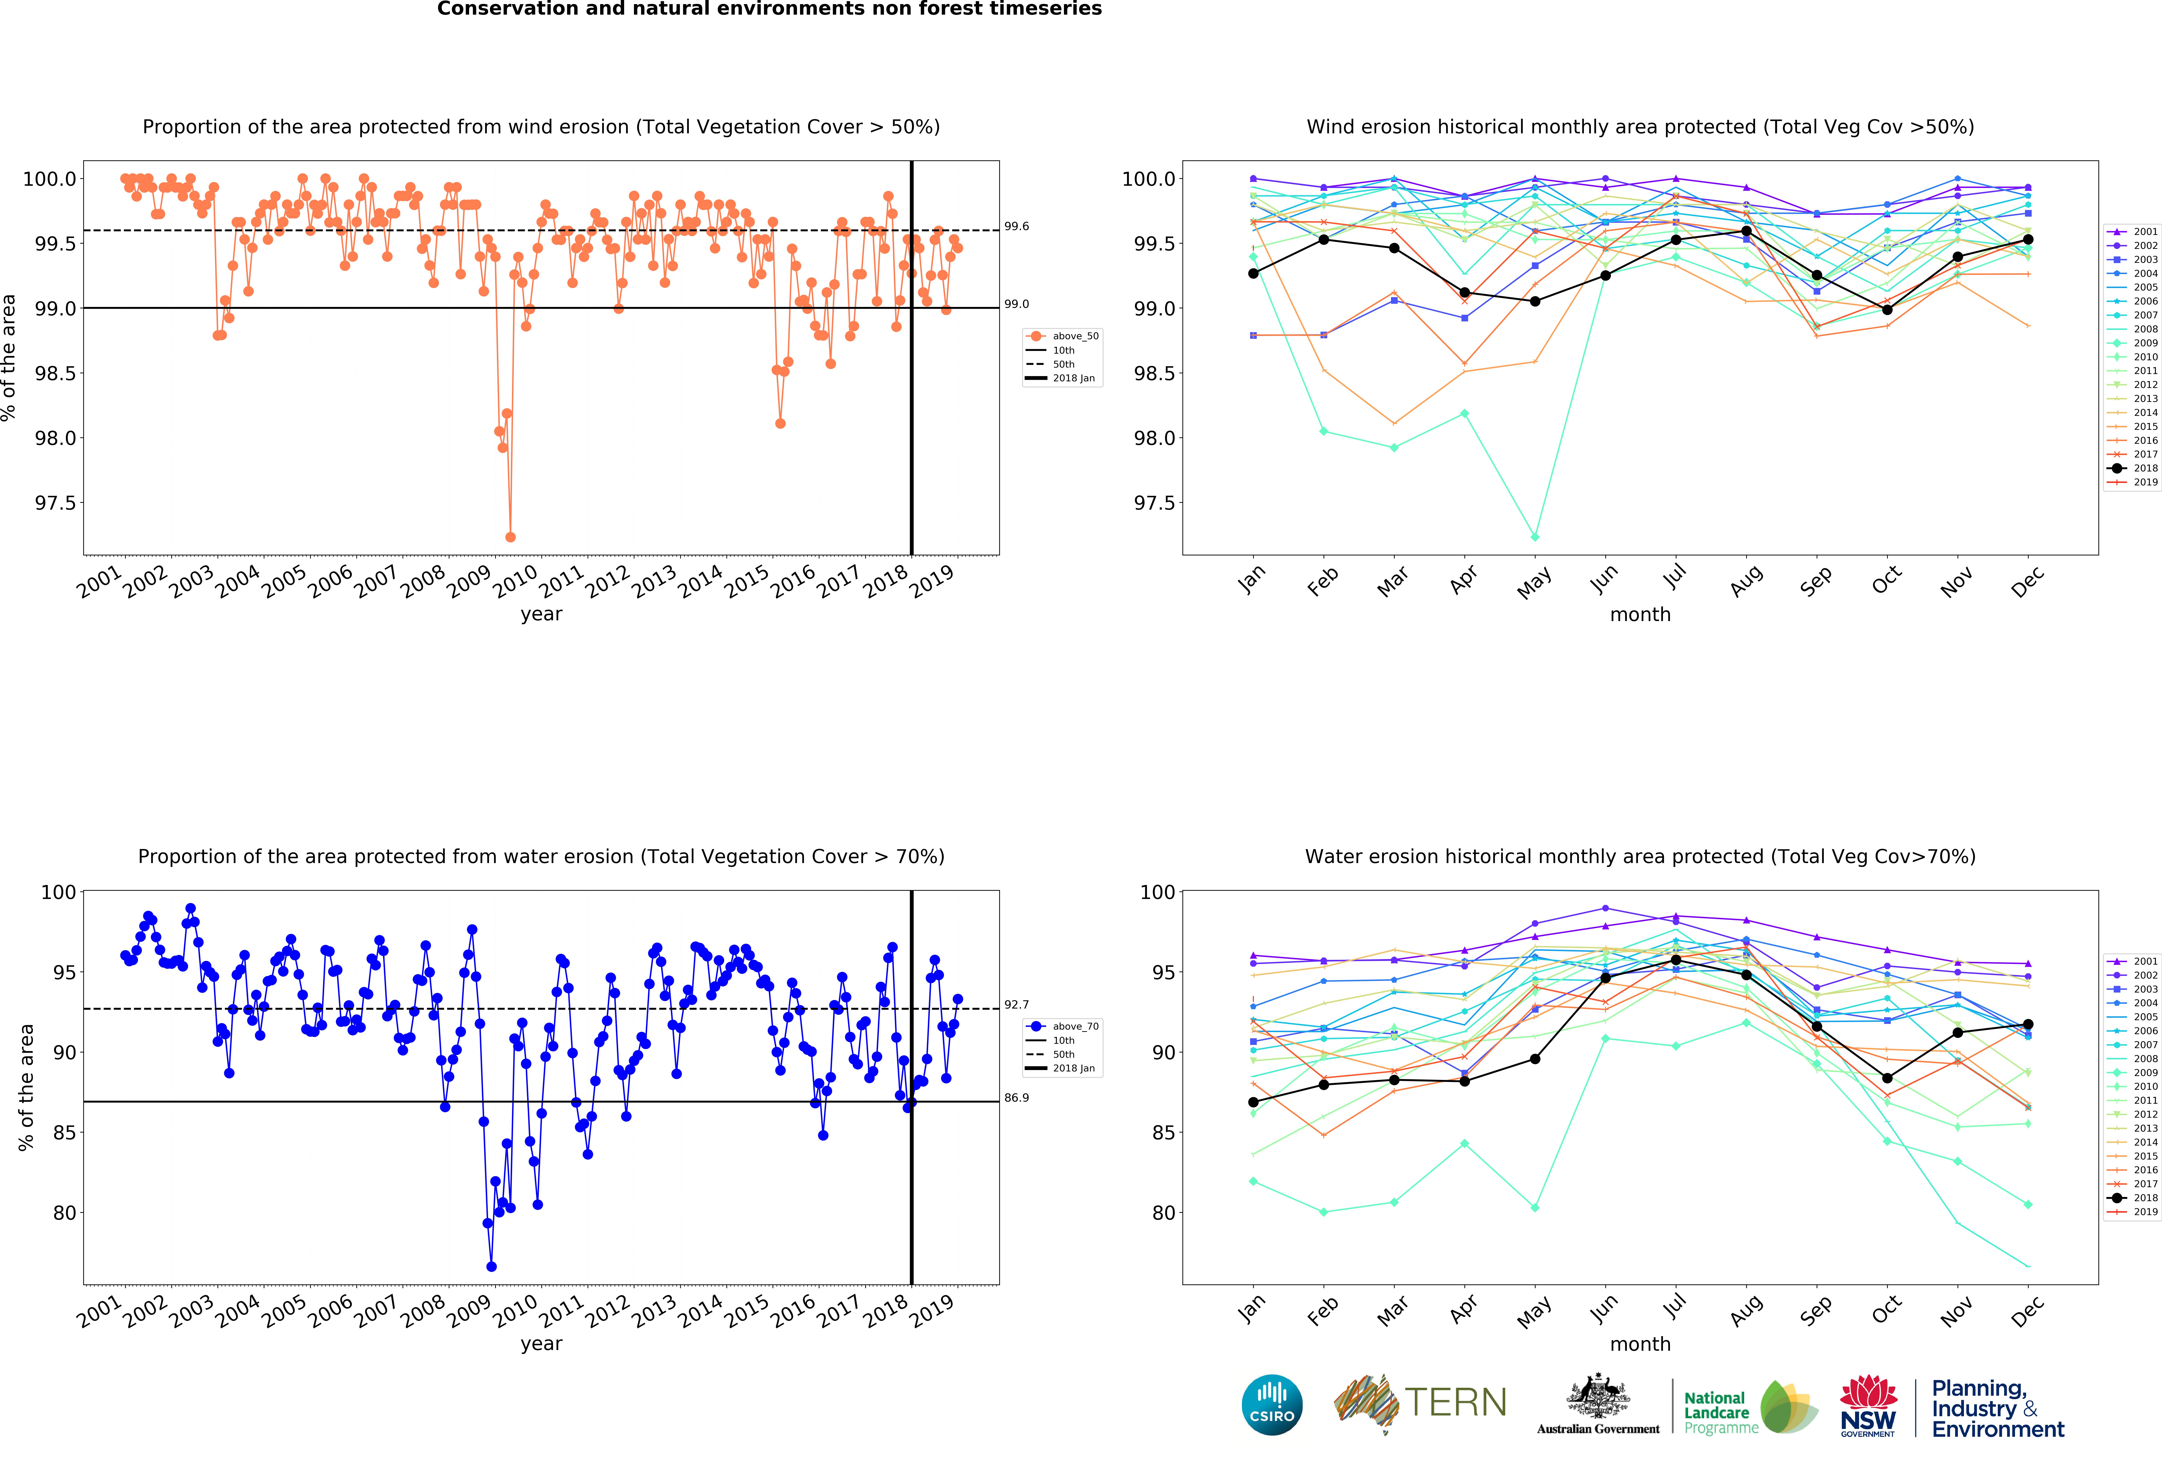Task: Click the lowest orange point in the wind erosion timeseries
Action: (x=510, y=537)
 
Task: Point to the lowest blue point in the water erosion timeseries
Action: (x=491, y=1267)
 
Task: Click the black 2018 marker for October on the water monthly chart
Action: (x=1887, y=1079)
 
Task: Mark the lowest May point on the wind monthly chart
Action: (x=1535, y=537)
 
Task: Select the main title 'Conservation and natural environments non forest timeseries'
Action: (x=769, y=9)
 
